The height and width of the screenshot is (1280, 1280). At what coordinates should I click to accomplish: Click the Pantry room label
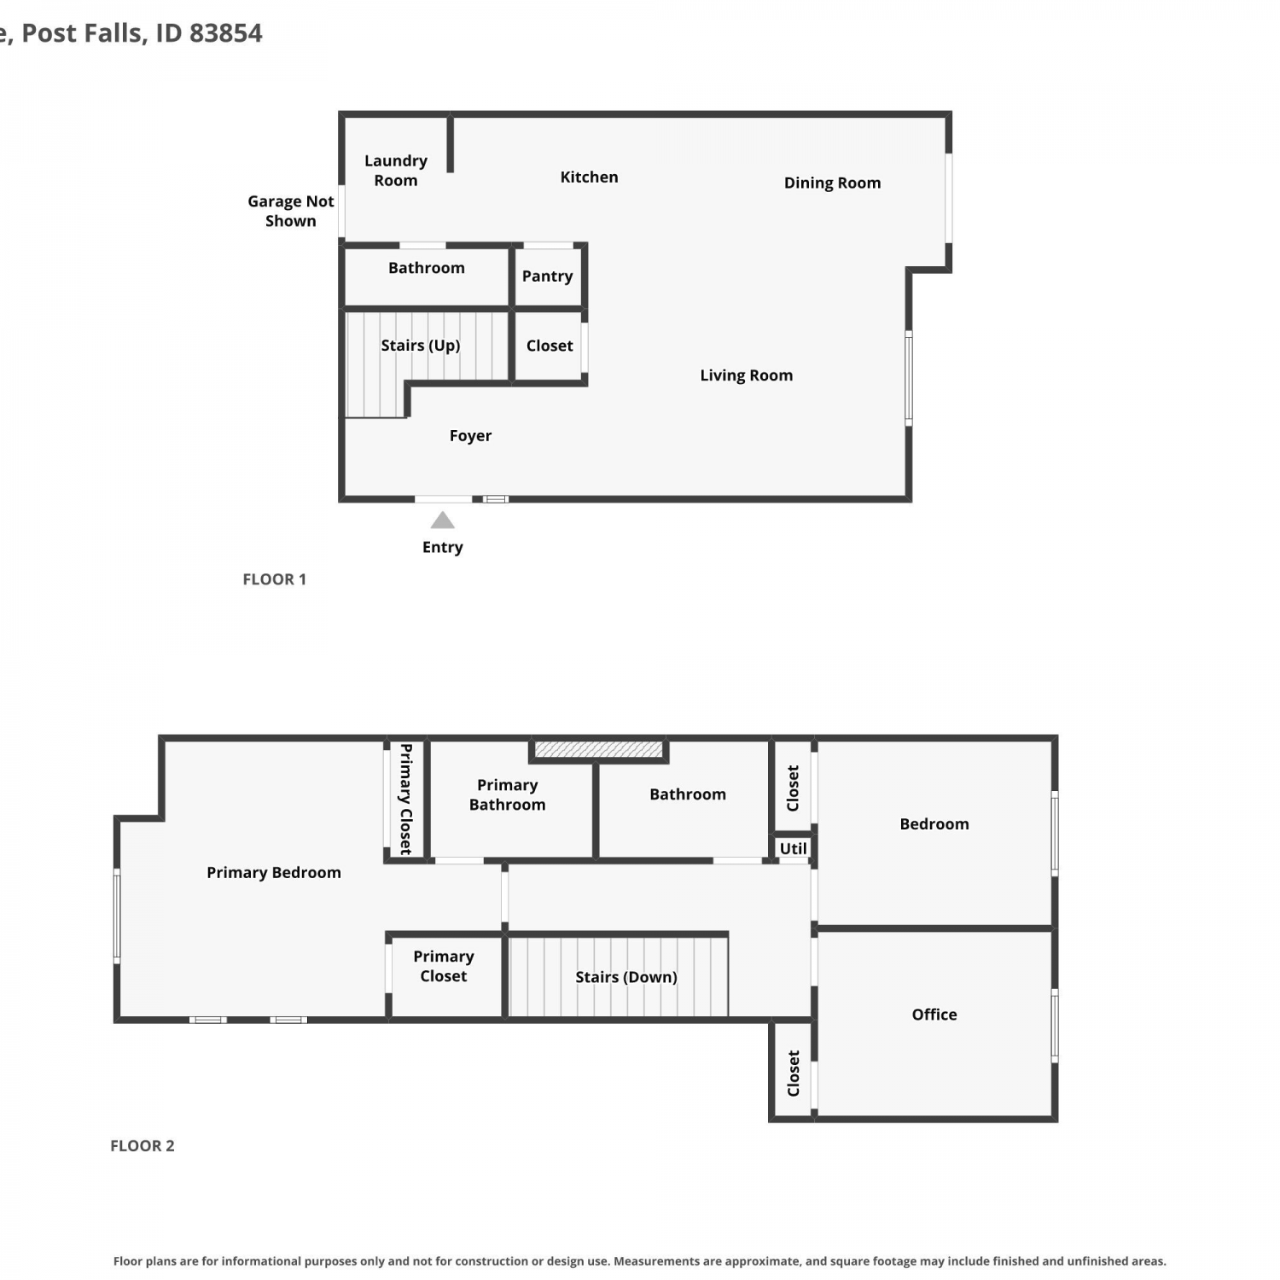[547, 276]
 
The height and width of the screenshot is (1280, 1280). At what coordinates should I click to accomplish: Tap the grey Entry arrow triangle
[442, 521]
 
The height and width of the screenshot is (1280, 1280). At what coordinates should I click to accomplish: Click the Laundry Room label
[395, 170]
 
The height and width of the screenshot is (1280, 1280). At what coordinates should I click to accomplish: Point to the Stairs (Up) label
[420, 346]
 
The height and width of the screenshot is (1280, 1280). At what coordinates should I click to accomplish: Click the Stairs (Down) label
[625, 977]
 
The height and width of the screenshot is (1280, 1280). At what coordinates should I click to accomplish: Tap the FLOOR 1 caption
[274, 579]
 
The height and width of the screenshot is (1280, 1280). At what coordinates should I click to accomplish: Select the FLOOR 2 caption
[142, 1146]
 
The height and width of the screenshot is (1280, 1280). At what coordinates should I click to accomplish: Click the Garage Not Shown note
[290, 211]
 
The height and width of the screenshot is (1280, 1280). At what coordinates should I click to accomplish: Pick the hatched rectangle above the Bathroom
[598, 749]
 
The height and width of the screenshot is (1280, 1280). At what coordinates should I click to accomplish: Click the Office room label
[934, 1015]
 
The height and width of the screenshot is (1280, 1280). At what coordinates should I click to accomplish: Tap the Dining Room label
[832, 183]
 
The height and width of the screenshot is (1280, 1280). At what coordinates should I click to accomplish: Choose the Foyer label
[470, 436]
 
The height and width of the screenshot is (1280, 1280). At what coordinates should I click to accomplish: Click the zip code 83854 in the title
[225, 33]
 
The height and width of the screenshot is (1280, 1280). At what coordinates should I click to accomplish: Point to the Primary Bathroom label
[507, 794]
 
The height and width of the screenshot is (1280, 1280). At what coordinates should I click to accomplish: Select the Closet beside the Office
[793, 1073]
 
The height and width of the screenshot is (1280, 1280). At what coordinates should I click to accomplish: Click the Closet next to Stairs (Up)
[550, 346]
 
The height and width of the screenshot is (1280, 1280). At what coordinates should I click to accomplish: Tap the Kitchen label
[589, 177]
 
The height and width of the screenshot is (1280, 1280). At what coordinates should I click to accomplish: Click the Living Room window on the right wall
[909, 378]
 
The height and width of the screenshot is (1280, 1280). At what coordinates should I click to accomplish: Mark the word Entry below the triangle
[442, 548]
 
